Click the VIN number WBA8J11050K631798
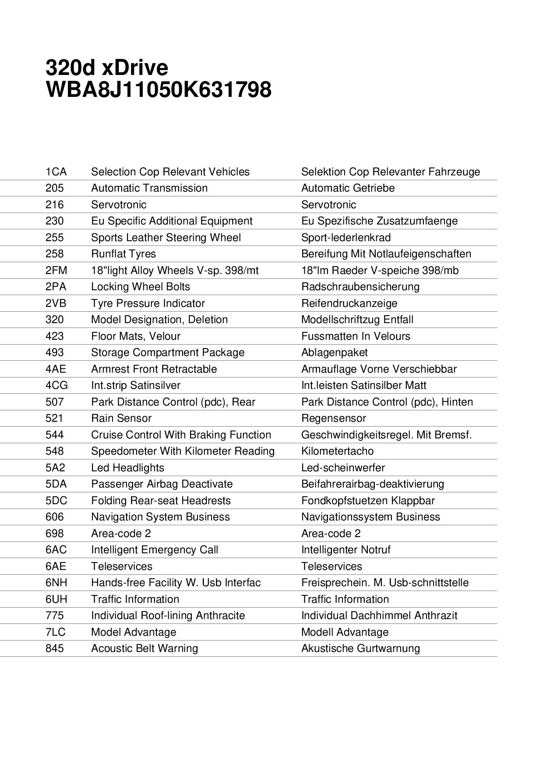coord(158,89)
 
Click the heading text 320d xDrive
coord(107,68)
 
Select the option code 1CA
coord(56,172)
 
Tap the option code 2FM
coord(56,271)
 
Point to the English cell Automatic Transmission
coord(149,188)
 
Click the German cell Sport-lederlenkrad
coord(346,238)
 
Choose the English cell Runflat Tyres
coord(123,254)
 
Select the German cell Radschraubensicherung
coord(360,287)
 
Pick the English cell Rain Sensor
coord(121,418)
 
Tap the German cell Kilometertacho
coord(337,451)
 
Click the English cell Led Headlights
coord(127,468)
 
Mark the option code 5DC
coord(56,501)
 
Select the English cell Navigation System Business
coord(160,517)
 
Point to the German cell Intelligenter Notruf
coord(346,550)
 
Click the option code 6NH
coord(56,583)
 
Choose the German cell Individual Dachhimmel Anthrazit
coord(379,616)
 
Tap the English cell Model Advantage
coord(134,632)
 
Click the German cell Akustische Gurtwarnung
coord(360,648)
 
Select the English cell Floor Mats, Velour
coord(135,336)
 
